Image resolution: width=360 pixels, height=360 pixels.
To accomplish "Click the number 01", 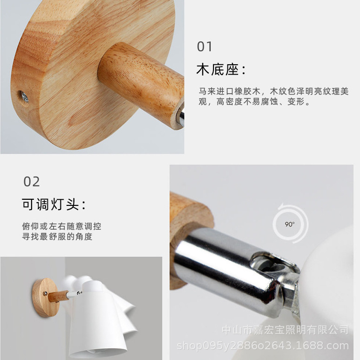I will (205, 47).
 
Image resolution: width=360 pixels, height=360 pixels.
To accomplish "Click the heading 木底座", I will (220, 70).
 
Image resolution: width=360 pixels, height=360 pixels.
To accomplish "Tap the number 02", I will (32, 181).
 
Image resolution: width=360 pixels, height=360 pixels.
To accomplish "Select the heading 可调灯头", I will (53, 204).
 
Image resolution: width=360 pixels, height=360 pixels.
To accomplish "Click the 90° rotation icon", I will (290, 224).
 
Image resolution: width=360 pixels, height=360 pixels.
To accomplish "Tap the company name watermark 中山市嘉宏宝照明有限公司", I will (285, 330).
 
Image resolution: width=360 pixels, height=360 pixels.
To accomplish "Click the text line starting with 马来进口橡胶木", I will (273, 91).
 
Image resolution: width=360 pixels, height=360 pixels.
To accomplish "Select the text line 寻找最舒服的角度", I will (57, 237).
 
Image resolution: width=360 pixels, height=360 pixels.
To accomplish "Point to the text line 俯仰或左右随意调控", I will (61, 226).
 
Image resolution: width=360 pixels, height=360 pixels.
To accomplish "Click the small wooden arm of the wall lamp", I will (59, 296).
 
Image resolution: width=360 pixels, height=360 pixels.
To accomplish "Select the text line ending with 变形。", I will (254, 102).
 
